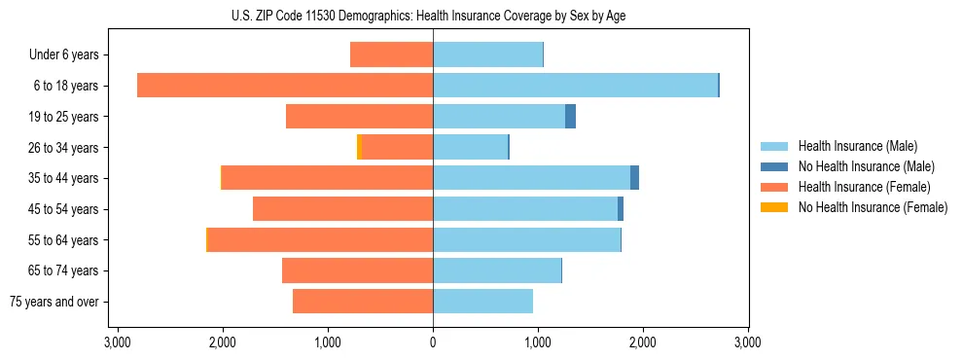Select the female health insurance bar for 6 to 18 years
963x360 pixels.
pos(285,86)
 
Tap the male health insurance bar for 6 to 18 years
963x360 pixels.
pos(575,86)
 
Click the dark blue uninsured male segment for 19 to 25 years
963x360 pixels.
pos(571,117)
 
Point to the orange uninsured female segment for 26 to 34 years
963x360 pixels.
pos(359,147)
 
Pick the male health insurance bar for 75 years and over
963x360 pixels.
pos(482,302)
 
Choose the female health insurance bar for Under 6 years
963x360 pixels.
pos(391,54)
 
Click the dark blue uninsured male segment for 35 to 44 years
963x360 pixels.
pos(634,178)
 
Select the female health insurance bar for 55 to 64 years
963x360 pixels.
pos(321,240)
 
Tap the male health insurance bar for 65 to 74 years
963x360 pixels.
pos(497,270)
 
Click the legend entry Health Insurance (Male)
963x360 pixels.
pos(857,146)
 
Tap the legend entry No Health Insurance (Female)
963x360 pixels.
pos(873,207)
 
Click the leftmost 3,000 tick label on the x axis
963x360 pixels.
pos(118,342)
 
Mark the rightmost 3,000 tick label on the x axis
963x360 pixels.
pos(747,342)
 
